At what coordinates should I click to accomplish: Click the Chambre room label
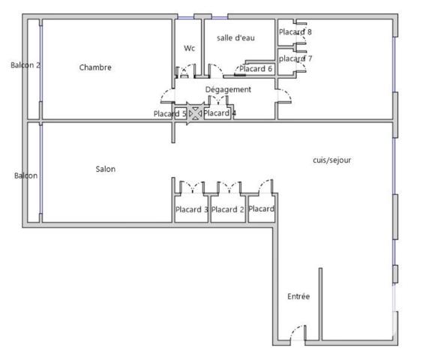pyautogui.click(x=95, y=67)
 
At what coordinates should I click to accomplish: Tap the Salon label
pyautogui.click(x=105, y=169)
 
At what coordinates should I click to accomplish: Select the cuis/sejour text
pyautogui.click(x=331, y=160)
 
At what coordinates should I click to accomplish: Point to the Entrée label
pyautogui.click(x=298, y=296)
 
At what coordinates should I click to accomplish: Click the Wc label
pyautogui.click(x=190, y=48)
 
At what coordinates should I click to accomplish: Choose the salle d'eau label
pyautogui.click(x=235, y=37)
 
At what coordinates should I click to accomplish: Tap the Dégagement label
pyautogui.click(x=228, y=89)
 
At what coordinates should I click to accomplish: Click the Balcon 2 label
pyautogui.click(x=25, y=65)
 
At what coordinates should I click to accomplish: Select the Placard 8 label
pyautogui.click(x=295, y=32)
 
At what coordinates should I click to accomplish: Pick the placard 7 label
pyautogui.click(x=295, y=58)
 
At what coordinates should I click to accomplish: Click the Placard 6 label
pyautogui.click(x=256, y=69)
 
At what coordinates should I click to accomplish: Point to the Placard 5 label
pyautogui.click(x=169, y=114)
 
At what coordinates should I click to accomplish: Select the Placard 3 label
pyautogui.click(x=191, y=210)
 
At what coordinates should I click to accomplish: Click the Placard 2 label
pyautogui.click(x=227, y=210)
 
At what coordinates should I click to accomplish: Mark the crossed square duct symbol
pyautogui.click(x=195, y=113)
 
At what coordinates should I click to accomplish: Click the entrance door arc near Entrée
pyautogui.click(x=298, y=332)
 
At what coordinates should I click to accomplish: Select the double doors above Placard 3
pyautogui.click(x=192, y=185)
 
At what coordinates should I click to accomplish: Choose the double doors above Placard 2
pyautogui.click(x=228, y=185)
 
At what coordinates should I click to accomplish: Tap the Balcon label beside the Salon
pyautogui.click(x=25, y=175)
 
